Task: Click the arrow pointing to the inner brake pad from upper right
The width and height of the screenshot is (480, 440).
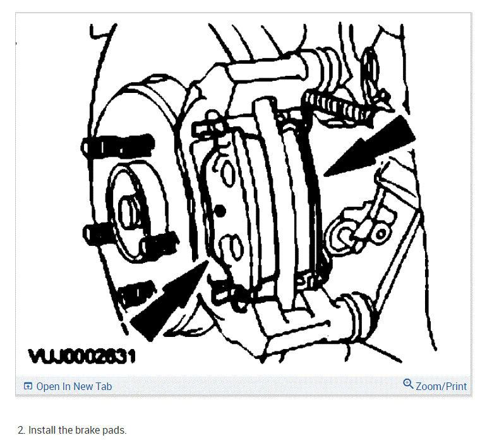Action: [x=373, y=147]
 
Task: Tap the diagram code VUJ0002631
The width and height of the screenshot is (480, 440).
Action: [x=83, y=358]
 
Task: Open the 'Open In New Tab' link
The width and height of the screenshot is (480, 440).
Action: [x=74, y=386]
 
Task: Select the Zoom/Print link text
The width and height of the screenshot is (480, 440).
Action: [x=441, y=386]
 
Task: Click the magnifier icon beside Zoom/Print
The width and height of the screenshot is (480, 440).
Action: [x=408, y=384]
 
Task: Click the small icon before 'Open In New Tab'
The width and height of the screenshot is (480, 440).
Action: [x=28, y=386]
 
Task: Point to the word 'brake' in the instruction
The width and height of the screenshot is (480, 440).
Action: [x=87, y=430]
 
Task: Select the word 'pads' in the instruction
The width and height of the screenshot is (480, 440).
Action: [x=114, y=430]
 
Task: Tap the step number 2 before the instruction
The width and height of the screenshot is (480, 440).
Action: [x=20, y=430]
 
